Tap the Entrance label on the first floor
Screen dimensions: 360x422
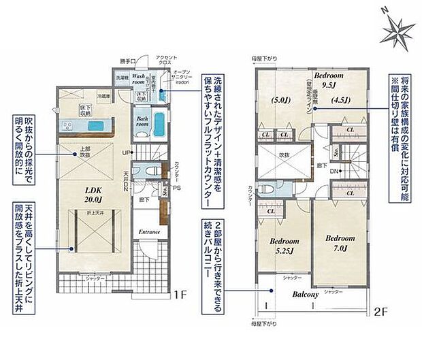[x=149, y=232]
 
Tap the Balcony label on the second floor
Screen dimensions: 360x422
[x=307, y=295]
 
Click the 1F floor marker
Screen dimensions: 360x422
[x=180, y=295]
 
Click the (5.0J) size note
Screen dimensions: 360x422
[x=279, y=99]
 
